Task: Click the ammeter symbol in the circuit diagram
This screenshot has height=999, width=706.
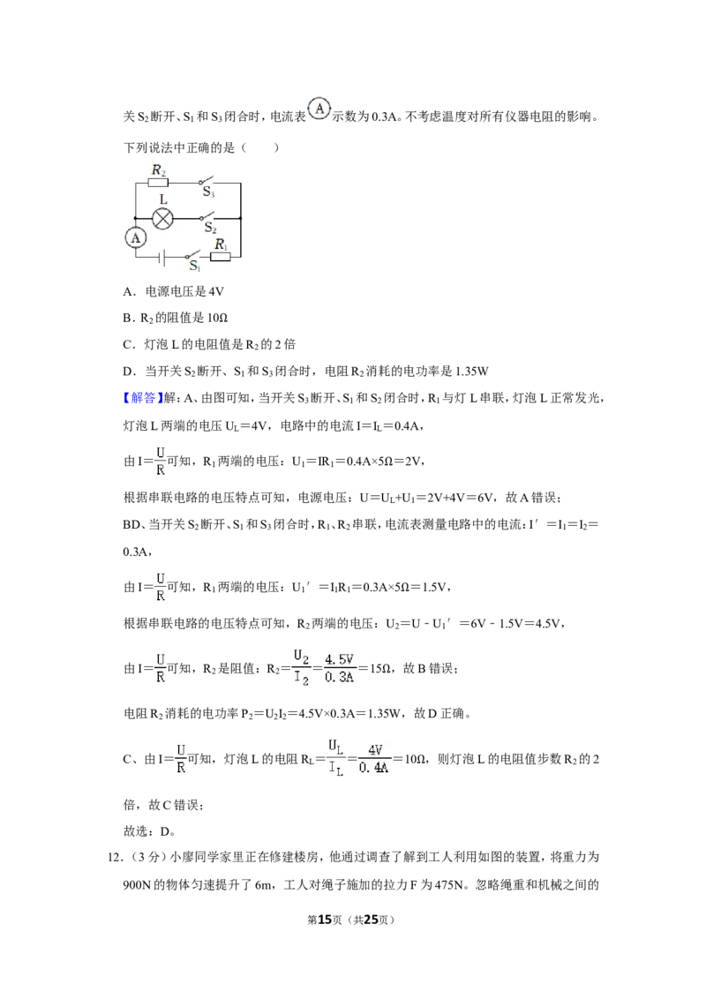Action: pyautogui.click(x=135, y=237)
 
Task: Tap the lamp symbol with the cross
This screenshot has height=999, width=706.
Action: pyautogui.click(x=163, y=219)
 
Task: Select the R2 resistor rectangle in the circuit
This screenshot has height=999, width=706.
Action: pyautogui.click(x=158, y=183)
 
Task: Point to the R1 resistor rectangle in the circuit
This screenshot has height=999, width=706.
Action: pyautogui.click(x=221, y=257)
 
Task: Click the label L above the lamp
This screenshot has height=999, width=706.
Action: pyautogui.click(x=163, y=199)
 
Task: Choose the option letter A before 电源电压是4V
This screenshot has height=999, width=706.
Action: pyautogui.click(x=128, y=292)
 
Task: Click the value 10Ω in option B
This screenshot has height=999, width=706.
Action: pyautogui.click(x=218, y=318)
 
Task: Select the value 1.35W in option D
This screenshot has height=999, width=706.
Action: pyautogui.click(x=472, y=372)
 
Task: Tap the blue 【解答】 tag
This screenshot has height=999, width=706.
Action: pyautogui.click(x=143, y=398)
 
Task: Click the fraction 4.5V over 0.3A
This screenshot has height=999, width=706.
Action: pyautogui.click(x=339, y=668)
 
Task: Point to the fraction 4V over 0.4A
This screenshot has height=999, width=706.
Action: pyautogui.click(x=374, y=760)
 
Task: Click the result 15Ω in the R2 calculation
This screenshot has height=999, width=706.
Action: pyautogui.click(x=380, y=668)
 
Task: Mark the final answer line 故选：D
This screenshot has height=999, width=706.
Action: pyautogui.click(x=149, y=831)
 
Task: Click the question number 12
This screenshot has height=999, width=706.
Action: pyautogui.click(x=115, y=858)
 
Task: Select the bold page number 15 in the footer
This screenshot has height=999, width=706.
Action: pyautogui.click(x=325, y=920)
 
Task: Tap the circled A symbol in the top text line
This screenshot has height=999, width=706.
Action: pyautogui.click(x=319, y=109)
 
